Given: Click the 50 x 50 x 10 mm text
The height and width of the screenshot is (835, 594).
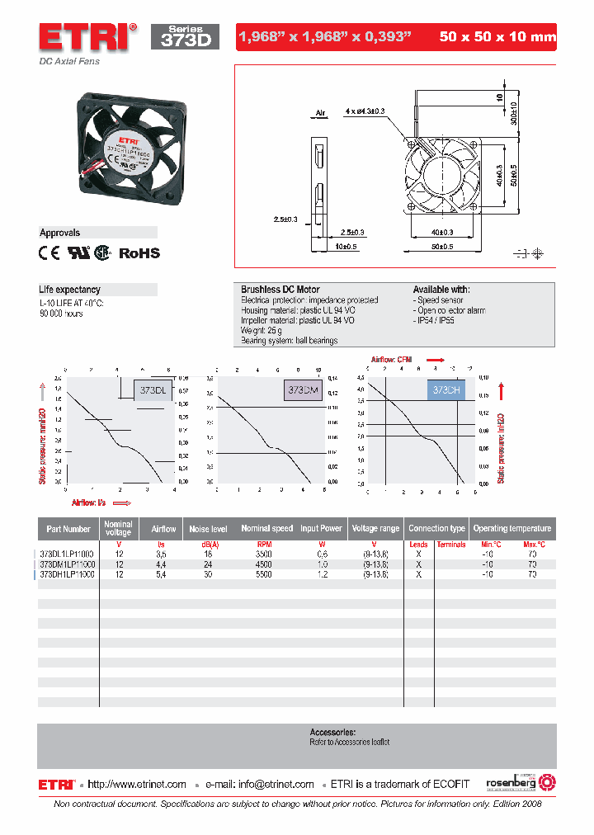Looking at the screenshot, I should [497, 37].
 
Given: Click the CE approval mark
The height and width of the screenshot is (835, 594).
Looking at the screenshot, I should [50, 254].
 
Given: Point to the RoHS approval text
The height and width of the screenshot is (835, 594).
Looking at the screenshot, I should [139, 254].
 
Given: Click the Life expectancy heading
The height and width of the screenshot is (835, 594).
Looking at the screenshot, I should [70, 290].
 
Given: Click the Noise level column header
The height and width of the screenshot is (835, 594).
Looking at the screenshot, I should [209, 528].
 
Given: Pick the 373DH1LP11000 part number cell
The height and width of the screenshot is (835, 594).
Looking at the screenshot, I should [68, 573].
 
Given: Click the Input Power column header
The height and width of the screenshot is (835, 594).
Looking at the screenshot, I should [321, 528].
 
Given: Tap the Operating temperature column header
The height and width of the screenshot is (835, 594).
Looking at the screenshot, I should [511, 528].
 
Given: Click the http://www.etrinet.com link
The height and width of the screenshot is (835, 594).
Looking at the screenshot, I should [137, 784].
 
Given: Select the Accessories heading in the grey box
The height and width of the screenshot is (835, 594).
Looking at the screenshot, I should [332, 732].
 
